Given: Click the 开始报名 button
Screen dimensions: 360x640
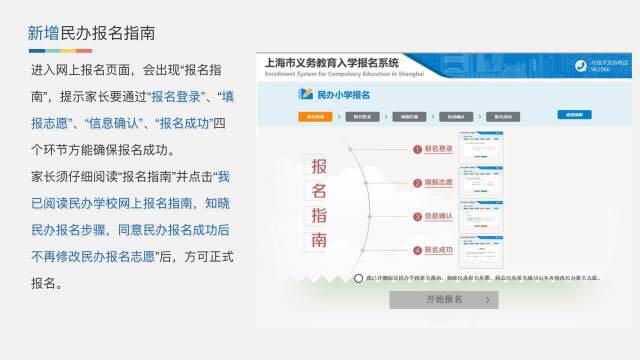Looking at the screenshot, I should pyautogui.click(x=443, y=299).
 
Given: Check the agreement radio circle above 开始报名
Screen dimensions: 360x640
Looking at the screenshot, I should pyautogui.click(x=358, y=278).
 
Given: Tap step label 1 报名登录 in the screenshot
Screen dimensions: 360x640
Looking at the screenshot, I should pyautogui.click(x=437, y=149).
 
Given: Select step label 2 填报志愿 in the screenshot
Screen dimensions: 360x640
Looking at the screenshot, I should pyautogui.click(x=437, y=183).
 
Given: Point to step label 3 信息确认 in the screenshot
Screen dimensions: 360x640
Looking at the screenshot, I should pyautogui.click(x=437, y=216).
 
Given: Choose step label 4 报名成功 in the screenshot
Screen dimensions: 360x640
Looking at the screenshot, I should pyautogui.click(x=437, y=249).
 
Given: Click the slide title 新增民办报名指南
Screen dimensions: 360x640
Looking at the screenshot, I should pyautogui.click(x=91, y=33).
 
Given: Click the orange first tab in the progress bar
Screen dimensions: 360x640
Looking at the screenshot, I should pyautogui.click(x=316, y=116).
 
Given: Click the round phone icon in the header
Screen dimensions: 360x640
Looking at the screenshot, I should pyautogui.click(x=579, y=65).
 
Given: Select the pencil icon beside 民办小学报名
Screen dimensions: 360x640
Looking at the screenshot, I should pyautogui.click(x=306, y=94).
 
